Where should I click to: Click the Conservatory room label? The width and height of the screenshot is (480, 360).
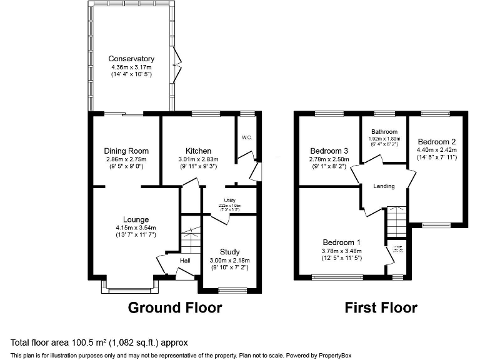click(131, 59)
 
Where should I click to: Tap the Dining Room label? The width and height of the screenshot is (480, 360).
click(126, 151)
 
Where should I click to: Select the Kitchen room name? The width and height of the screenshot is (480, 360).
click(198, 151)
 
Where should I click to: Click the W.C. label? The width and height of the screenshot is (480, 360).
click(246, 137)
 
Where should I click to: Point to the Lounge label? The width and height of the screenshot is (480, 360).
click(136, 219)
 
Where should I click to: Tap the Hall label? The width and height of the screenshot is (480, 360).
click(186, 260)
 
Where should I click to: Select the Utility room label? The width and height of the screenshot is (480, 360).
click(221, 200)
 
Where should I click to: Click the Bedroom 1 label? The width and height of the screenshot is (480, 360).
click(342, 242)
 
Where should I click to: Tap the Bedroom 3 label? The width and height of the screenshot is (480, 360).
click(329, 151)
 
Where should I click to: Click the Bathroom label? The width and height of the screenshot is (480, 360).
click(384, 132)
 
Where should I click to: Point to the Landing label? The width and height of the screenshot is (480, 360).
click(384, 186)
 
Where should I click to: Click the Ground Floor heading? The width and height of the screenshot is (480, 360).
click(175, 307)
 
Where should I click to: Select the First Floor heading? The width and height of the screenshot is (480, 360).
click(381, 307)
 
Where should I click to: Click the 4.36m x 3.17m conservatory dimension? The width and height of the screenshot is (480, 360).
click(131, 67)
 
